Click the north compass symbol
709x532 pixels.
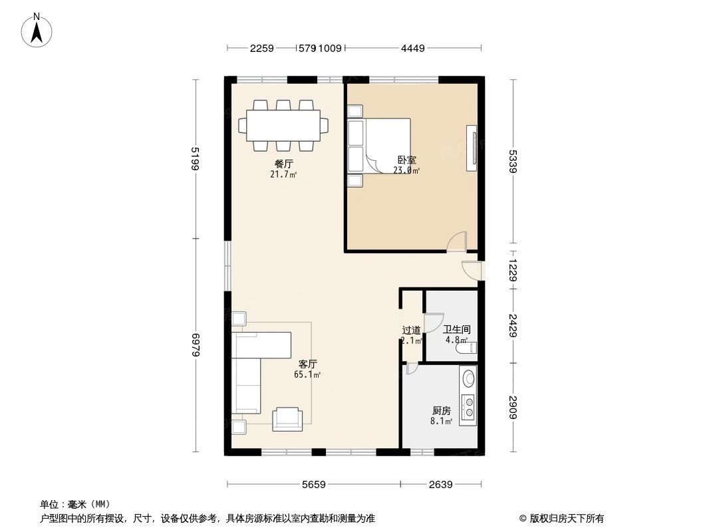click(38, 30)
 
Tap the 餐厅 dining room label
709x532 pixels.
click(283, 164)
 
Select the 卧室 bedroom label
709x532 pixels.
click(406, 160)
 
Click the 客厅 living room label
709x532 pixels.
click(307, 364)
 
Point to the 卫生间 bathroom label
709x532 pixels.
click(457, 329)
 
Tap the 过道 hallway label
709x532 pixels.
click(411, 330)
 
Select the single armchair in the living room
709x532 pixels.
click(287, 418)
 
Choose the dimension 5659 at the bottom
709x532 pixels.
click(313, 485)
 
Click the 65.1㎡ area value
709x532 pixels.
click(307, 374)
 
